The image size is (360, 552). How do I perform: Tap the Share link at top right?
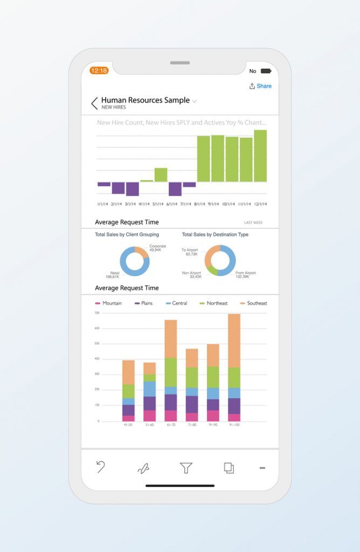261,86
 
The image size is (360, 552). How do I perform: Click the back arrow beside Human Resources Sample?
95,103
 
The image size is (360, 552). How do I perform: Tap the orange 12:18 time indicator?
99,71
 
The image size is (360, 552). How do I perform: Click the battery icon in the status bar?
266,71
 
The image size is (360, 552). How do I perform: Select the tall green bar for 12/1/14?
260,156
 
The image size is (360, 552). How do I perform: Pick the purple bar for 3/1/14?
132,189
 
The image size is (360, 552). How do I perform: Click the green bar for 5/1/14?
161,175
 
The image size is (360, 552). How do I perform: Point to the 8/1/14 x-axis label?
200,204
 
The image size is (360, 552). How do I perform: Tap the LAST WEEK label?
253,223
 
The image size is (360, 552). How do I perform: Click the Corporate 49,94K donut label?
157,248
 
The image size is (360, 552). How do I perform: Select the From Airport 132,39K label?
246,275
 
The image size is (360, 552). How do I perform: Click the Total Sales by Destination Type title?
215,235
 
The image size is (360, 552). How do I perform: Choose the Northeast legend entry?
213,303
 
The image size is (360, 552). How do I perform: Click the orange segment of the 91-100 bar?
234,340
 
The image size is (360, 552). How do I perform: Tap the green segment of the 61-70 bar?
171,372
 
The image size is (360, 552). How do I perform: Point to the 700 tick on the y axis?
97,313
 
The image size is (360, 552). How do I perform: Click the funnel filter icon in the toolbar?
186,468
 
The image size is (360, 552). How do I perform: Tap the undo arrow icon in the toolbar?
101,467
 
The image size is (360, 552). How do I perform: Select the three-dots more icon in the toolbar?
262,468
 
